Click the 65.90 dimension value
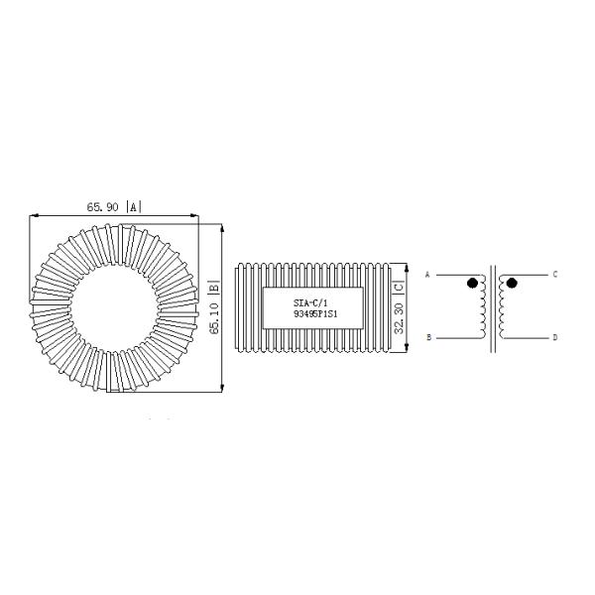102,207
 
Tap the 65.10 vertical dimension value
214,318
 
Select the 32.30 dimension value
399,318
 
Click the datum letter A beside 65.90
134,207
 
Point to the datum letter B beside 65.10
214,287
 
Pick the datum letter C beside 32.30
399,287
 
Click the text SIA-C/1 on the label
310,302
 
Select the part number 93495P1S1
315,314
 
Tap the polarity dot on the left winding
472,283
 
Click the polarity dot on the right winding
512,283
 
